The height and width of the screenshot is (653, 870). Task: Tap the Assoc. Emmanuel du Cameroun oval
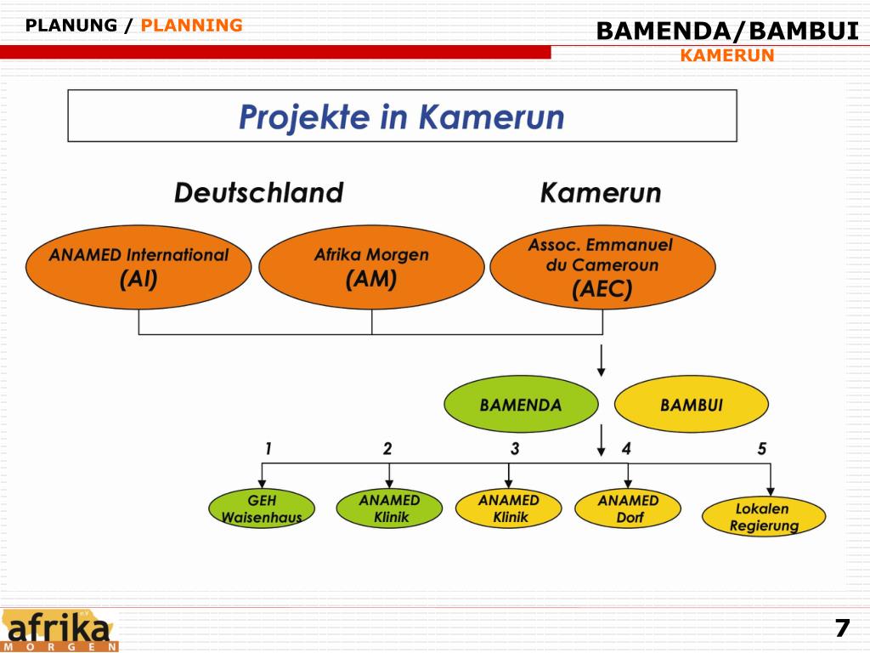602,267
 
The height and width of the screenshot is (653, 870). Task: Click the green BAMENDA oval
521,405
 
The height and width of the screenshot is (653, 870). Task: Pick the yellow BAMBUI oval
691,405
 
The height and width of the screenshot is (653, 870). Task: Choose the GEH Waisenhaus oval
262,508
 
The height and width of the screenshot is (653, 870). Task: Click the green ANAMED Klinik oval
390,508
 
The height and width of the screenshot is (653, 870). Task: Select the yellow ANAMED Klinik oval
509,508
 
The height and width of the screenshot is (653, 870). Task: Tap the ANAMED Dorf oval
629,508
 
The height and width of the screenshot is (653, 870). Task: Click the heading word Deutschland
258,193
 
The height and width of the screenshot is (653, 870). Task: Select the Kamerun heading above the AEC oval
601,193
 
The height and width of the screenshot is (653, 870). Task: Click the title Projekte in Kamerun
401,116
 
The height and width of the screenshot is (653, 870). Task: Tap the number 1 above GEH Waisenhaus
268,449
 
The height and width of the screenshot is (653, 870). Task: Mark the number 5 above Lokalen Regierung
762,449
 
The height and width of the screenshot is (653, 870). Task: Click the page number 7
841,629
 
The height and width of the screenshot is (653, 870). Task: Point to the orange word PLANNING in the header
191,26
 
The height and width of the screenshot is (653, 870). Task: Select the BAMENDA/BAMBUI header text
727,31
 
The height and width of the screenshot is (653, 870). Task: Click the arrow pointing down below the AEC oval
602,361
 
